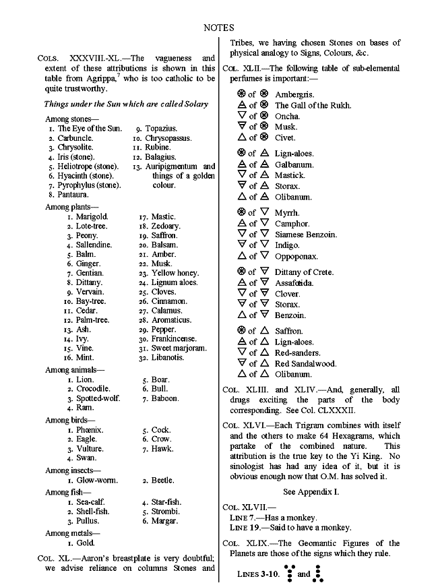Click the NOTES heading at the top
[x=218, y=28]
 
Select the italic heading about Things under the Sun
[x=126, y=104]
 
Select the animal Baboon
[x=166, y=398]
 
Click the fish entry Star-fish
[x=167, y=502]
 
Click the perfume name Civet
[x=285, y=138]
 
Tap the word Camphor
[x=292, y=224]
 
